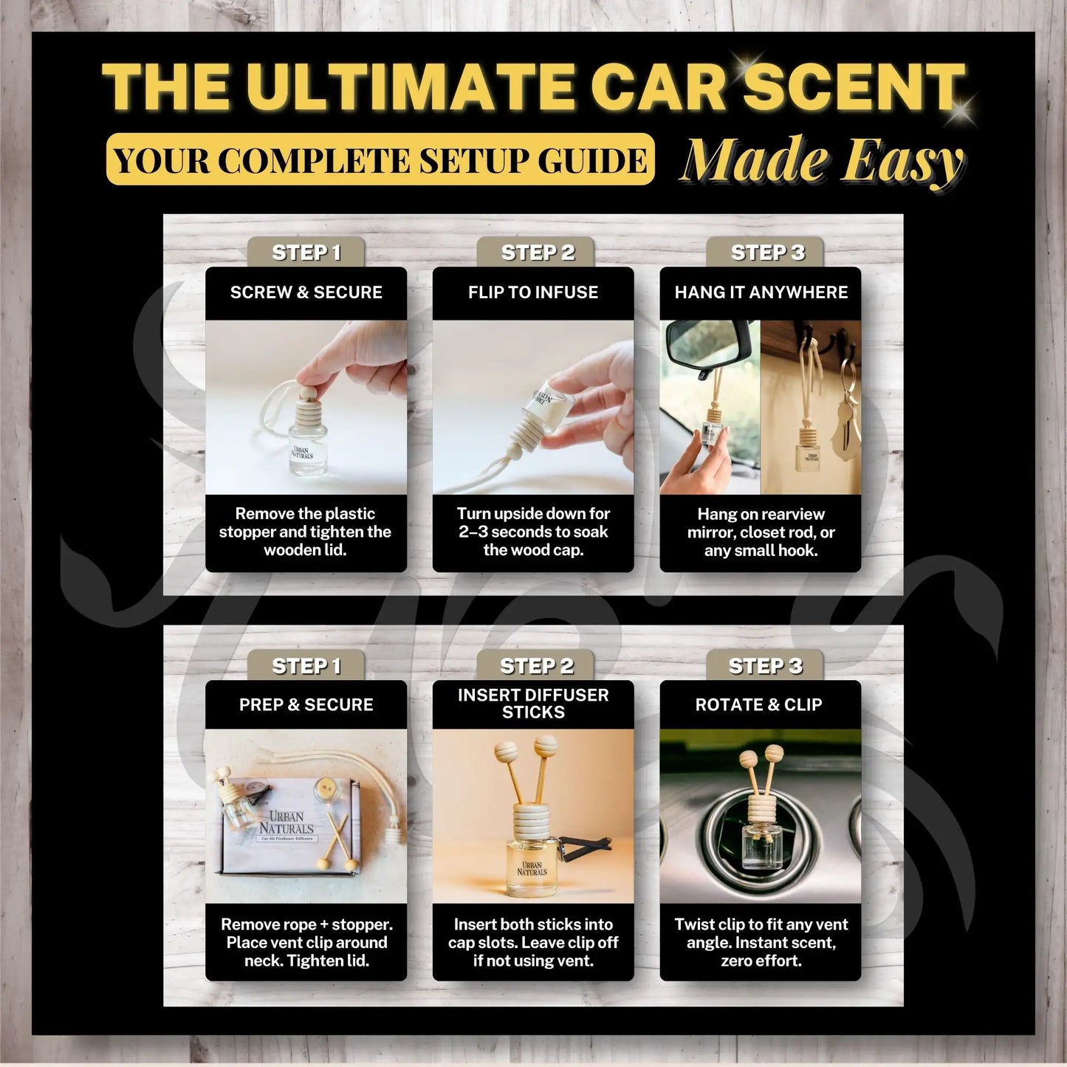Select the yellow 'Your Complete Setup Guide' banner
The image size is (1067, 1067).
pos(380,159)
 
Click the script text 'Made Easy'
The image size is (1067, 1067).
pos(822,161)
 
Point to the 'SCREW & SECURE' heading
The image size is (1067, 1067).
pos(306,292)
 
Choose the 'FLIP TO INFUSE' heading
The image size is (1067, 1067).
pos(533,292)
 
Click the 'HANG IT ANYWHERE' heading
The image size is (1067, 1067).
pos(761,292)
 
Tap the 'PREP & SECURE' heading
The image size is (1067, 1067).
pos(306,704)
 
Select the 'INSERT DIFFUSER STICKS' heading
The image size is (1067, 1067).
pos(533,703)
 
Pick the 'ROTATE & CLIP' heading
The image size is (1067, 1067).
pos(758,704)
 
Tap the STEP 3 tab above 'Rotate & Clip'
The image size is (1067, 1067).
pos(765,665)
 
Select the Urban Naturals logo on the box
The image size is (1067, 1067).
pos(287,823)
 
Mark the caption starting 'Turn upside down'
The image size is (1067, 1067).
pos(533,532)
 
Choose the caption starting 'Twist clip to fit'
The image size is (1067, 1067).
pos(761,942)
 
